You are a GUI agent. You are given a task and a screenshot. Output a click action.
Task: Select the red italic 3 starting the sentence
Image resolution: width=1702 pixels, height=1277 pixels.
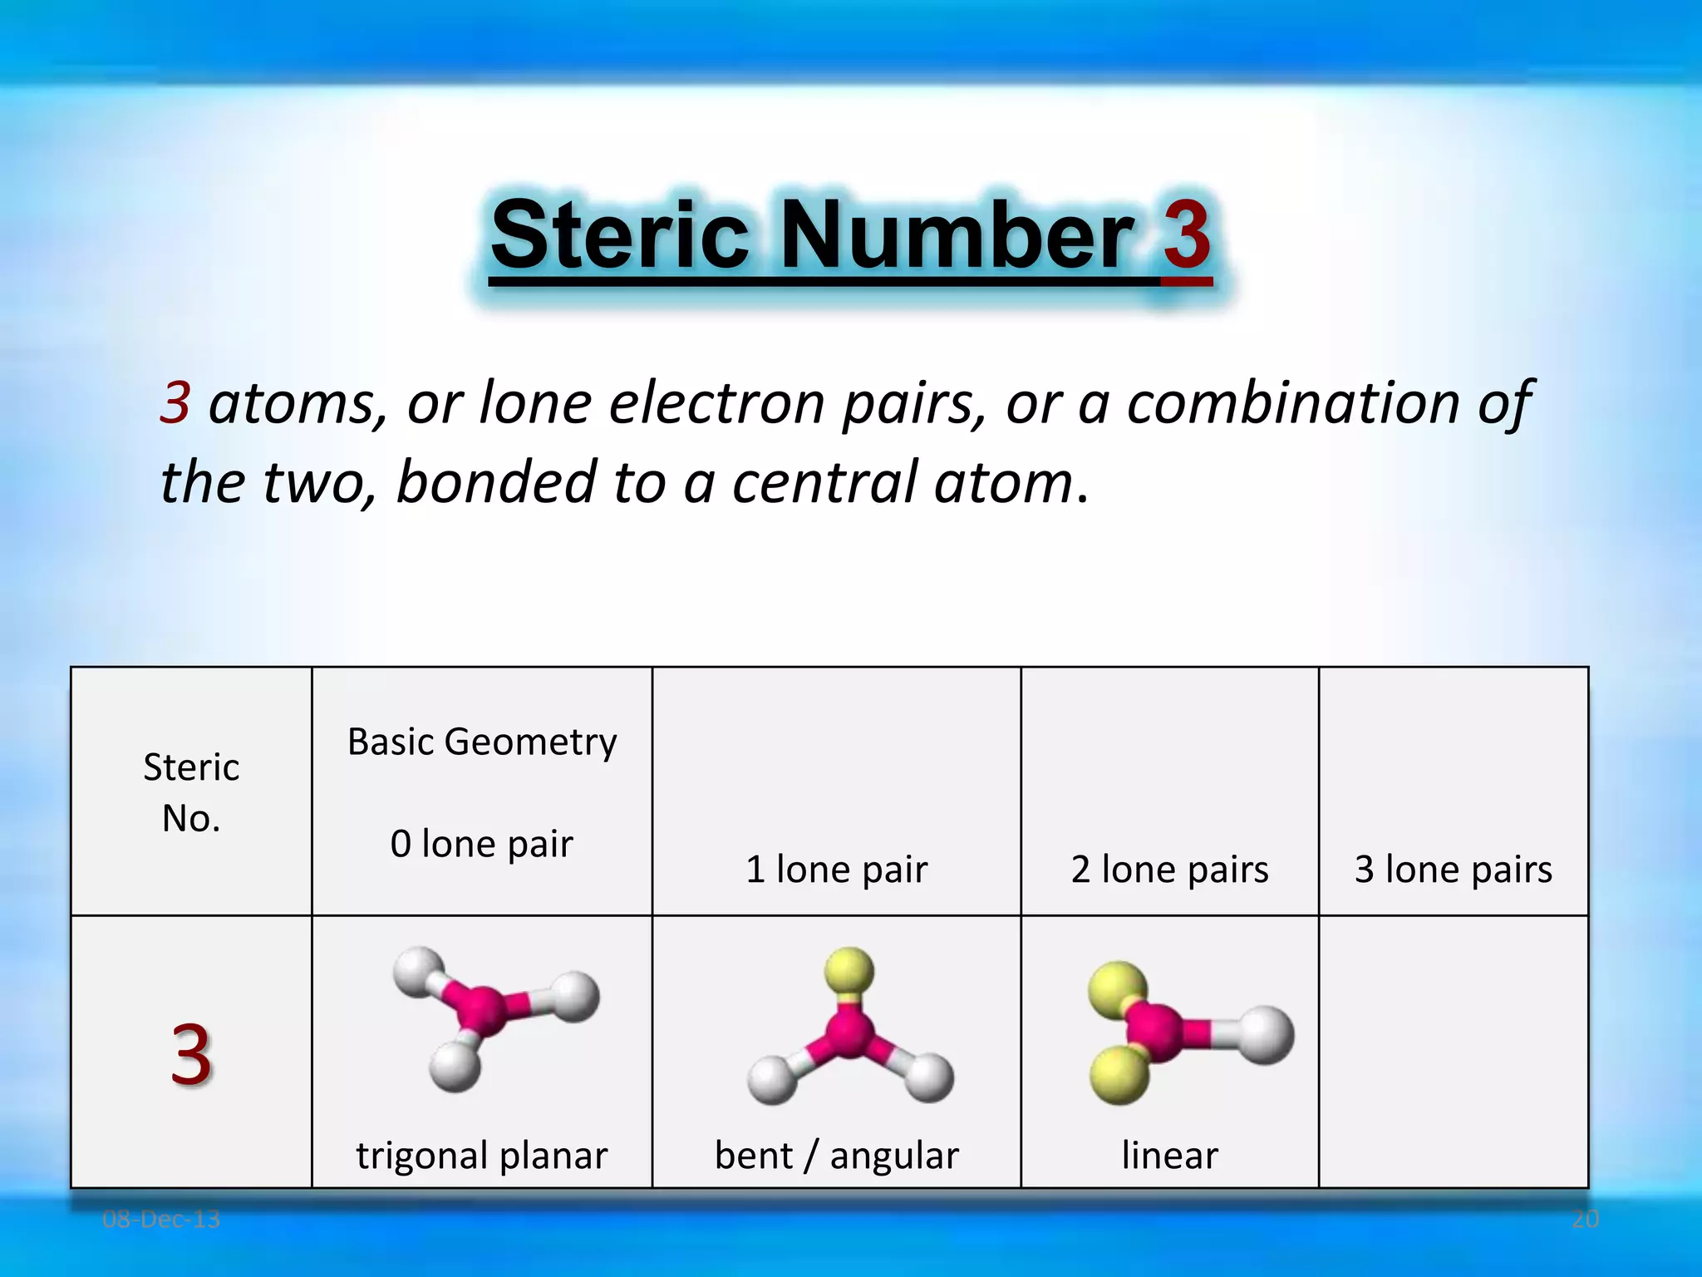point(175,403)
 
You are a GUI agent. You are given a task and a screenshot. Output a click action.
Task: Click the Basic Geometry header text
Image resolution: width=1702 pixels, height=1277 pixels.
point(482,742)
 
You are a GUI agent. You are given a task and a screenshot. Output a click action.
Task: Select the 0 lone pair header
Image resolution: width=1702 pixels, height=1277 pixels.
point(482,844)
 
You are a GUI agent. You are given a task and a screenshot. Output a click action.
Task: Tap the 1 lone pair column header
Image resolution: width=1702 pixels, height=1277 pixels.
point(836,870)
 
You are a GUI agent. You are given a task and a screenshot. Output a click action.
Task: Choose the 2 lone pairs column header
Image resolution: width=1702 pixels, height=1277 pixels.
point(1169,870)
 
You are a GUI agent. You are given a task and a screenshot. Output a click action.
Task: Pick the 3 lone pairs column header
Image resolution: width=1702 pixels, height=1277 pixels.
point(1454,870)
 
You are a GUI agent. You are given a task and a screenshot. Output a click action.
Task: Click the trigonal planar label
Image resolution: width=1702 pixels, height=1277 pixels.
point(482,1156)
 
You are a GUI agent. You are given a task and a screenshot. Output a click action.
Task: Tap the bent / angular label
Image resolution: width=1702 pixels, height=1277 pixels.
point(836,1156)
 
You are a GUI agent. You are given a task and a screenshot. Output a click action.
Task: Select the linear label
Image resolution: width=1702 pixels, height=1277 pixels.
point(1169,1156)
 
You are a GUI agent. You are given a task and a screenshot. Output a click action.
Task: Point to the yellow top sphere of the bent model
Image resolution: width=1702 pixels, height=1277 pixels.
point(849,970)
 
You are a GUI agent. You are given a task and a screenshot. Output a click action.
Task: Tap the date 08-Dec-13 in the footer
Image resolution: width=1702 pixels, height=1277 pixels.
point(161,1220)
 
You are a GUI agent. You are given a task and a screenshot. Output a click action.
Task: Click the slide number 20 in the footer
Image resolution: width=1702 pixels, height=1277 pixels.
point(1585,1220)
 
